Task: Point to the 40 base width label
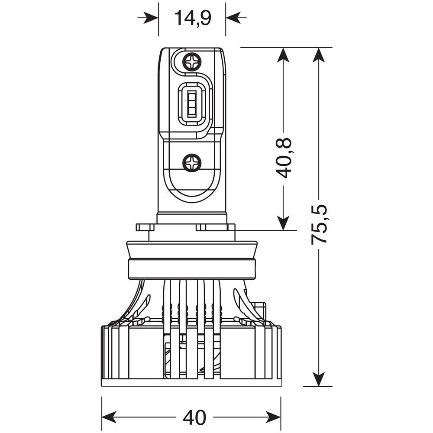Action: coord(194,417)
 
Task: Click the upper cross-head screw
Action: coord(191,61)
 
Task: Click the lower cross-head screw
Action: coord(191,163)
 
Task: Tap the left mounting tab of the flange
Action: coord(145,227)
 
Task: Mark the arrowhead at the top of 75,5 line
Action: coord(319,55)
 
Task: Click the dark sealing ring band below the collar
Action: coord(191,269)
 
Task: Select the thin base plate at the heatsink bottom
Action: coord(191,383)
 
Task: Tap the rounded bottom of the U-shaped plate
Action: coord(191,195)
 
